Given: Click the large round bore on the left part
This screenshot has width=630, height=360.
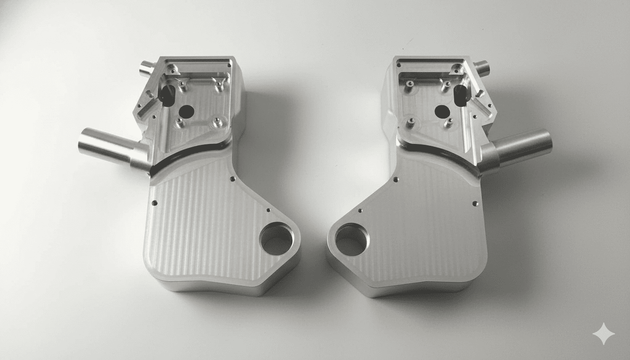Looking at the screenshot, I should point(276,240).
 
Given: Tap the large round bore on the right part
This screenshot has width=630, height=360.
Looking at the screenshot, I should point(352,240).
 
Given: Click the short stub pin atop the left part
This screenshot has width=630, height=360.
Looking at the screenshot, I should point(147,68).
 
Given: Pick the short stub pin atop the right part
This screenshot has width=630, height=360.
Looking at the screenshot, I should point(481,68).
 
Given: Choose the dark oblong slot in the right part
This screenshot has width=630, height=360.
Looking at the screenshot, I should point(461,95).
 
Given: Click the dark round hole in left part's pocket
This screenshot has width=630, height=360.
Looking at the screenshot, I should point(187,112).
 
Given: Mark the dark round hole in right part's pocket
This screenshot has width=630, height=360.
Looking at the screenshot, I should point(442,112).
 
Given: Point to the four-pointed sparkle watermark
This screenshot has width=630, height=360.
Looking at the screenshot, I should point(604,334).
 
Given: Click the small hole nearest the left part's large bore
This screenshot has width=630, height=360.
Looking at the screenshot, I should point(268,210).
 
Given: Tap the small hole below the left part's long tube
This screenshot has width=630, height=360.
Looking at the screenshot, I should point(154,203).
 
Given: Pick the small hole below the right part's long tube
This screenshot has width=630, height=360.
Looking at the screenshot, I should point(475,203).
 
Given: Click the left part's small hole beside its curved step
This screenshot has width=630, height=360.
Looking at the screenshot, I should point(232,179).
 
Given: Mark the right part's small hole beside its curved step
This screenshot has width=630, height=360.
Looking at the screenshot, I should point(396,179).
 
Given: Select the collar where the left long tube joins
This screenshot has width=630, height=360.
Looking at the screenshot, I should point(141,158).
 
